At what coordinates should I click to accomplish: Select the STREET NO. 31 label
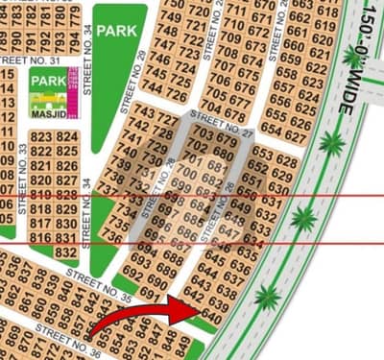[x=30, y=60]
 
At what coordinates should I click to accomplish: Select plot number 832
[x=66, y=252]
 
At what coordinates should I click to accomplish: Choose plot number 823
[x=41, y=138]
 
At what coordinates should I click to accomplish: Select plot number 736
[x=113, y=235]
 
